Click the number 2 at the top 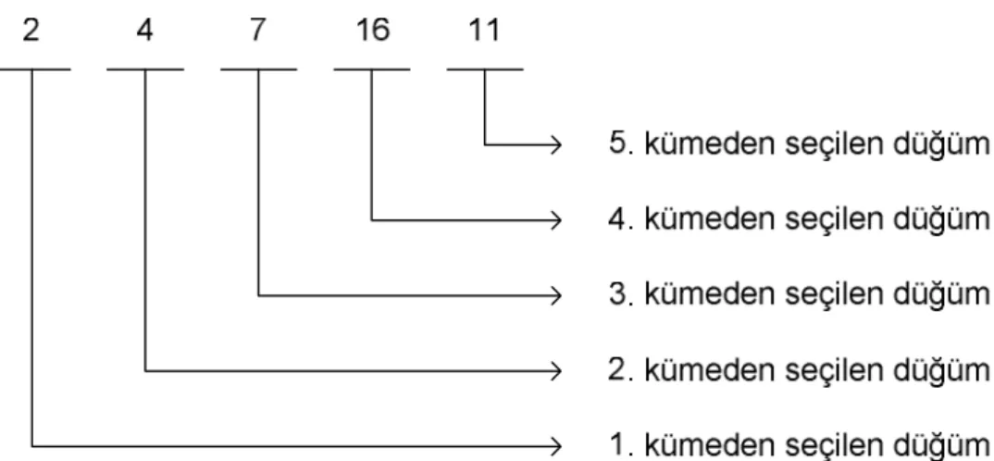pos(31,31)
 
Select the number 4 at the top pos(145,31)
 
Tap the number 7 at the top pos(257,31)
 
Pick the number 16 pos(372,31)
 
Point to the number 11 pos(484,31)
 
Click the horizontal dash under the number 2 pos(35,69)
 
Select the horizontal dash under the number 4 pos(145,69)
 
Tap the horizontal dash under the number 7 pos(258,69)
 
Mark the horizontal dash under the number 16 pos(372,69)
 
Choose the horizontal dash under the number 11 pos(485,69)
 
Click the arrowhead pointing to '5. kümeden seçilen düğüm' pos(556,145)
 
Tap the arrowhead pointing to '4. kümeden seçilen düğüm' pos(556,220)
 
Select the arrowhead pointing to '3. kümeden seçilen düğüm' pos(556,295)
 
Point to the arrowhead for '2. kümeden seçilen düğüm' pos(556,370)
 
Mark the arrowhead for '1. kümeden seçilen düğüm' pos(556,446)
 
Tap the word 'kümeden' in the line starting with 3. pos(712,294)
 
